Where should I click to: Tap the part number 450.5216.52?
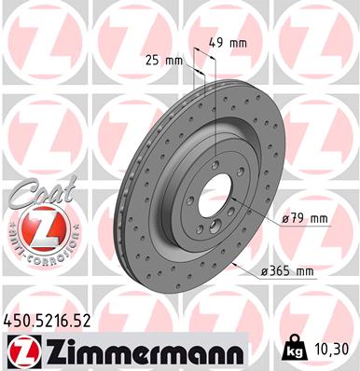click(x=48, y=321)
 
